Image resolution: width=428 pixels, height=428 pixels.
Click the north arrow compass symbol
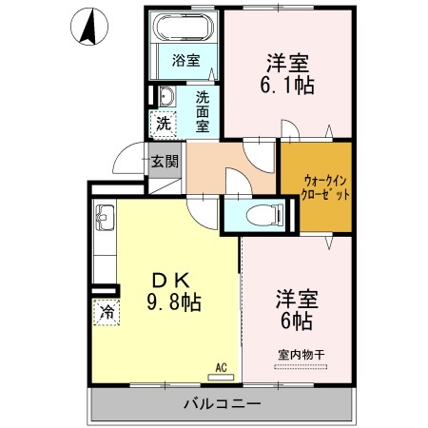[x=89, y=27]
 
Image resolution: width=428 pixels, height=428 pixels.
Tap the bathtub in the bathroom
[x=184, y=28]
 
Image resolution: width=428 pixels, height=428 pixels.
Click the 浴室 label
[x=185, y=60]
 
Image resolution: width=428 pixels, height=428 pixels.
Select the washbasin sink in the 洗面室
[x=166, y=96]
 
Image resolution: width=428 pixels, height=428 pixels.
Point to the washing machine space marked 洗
[x=164, y=124]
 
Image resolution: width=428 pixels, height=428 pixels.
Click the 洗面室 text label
[x=203, y=111]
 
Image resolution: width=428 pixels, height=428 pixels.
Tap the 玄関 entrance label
[x=165, y=162]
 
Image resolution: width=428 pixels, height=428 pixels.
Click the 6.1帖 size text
[x=287, y=85]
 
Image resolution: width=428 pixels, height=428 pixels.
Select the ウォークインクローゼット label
[x=325, y=187]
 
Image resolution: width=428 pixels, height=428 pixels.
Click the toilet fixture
[x=264, y=215]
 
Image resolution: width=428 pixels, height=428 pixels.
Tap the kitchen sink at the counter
[x=105, y=218]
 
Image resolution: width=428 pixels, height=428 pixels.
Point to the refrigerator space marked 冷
[x=107, y=312]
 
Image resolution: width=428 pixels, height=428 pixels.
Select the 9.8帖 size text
[x=174, y=302]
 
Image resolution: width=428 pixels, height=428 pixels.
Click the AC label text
[x=221, y=368]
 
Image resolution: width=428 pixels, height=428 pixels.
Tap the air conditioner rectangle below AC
[x=221, y=378]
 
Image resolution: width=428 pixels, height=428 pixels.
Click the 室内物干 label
[x=302, y=355]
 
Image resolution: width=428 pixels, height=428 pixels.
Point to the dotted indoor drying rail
[x=301, y=367]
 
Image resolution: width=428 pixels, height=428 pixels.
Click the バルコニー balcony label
[x=223, y=404]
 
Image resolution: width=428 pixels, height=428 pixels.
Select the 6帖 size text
[x=297, y=321]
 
